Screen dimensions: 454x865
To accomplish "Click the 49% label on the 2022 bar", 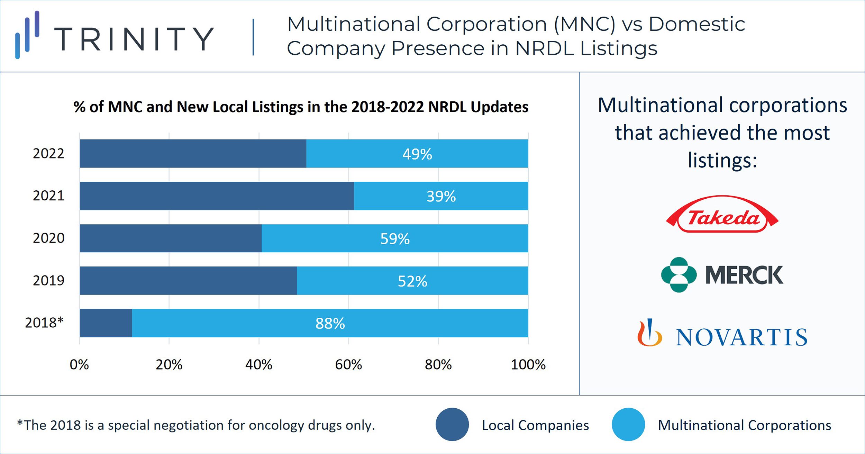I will click(x=417, y=154).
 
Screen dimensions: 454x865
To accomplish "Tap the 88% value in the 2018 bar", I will click(x=330, y=324).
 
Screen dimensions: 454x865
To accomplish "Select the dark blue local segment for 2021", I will click(x=217, y=196).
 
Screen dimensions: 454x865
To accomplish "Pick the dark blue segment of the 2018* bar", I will click(x=106, y=323).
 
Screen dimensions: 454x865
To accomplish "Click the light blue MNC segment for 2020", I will click(x=394, y=238).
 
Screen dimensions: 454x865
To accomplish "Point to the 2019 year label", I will click(x=48, y=280).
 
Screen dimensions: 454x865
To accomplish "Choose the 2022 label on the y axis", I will click(x=48, y=153).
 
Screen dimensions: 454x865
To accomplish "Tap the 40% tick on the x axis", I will click(x=258, y=365).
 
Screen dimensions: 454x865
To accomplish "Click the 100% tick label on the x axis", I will click(x=528, y=365).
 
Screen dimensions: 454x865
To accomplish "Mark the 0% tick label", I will click(x=79, y=365).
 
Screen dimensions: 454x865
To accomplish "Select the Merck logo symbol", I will click(x=679, y=275).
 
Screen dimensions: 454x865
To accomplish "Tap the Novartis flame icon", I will click(x=649, y=333).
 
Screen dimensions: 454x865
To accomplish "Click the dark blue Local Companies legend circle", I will click(x=452, y=425).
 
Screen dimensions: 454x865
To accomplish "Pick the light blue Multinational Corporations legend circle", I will click(x=628, y=425).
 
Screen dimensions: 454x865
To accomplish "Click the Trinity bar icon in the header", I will click(x=27, y=35).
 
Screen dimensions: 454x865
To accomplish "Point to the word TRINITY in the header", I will click(x=134, y=39).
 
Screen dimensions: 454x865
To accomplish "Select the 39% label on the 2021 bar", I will click(x=441, y=196).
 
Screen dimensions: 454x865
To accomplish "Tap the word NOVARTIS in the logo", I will click(x=741, y=337).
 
